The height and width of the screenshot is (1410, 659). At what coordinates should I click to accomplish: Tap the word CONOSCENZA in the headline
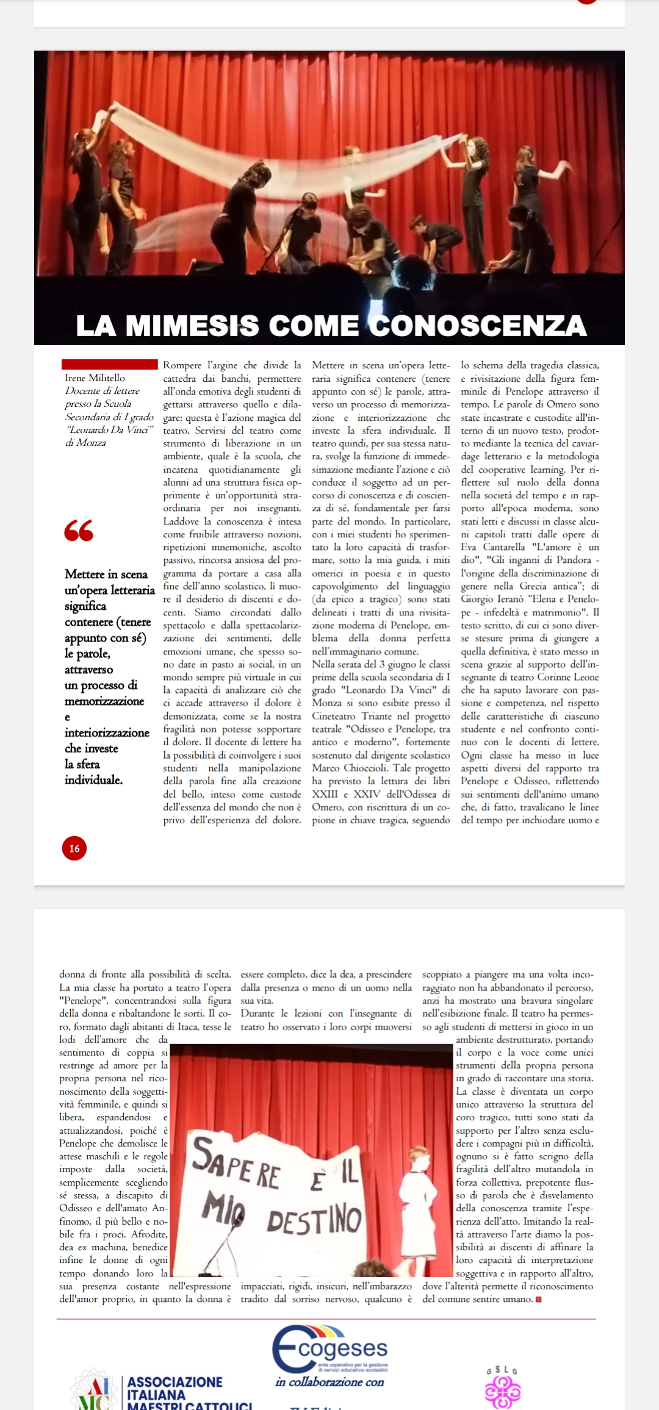click(478, 326)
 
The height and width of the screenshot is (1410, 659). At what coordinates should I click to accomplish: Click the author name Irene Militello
click(95, 378)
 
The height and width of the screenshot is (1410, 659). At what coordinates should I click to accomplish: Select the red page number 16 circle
click(74, 848)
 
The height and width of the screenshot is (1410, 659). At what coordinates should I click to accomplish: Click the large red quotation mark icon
click(79, 531)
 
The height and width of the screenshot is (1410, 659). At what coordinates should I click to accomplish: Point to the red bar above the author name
click(110, 365)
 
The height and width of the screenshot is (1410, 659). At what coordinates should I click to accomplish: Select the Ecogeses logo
click(330, 1350)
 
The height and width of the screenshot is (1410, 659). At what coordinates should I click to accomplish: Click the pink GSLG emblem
click(502, 1389)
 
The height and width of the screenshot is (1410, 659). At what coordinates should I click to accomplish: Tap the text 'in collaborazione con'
click(329, 1382)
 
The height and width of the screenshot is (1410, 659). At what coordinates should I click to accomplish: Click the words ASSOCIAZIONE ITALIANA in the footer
click(175, 1388)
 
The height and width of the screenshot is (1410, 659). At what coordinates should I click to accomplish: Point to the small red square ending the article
click(538, 1300)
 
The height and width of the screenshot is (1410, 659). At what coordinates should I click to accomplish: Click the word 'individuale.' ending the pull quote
click(93, 780)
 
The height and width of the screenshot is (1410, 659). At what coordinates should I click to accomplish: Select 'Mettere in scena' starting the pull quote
click(106, 574)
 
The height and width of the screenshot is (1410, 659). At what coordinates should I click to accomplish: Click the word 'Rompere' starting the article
click(182, 365)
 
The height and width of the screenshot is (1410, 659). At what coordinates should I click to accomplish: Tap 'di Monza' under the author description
click(85, 443)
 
